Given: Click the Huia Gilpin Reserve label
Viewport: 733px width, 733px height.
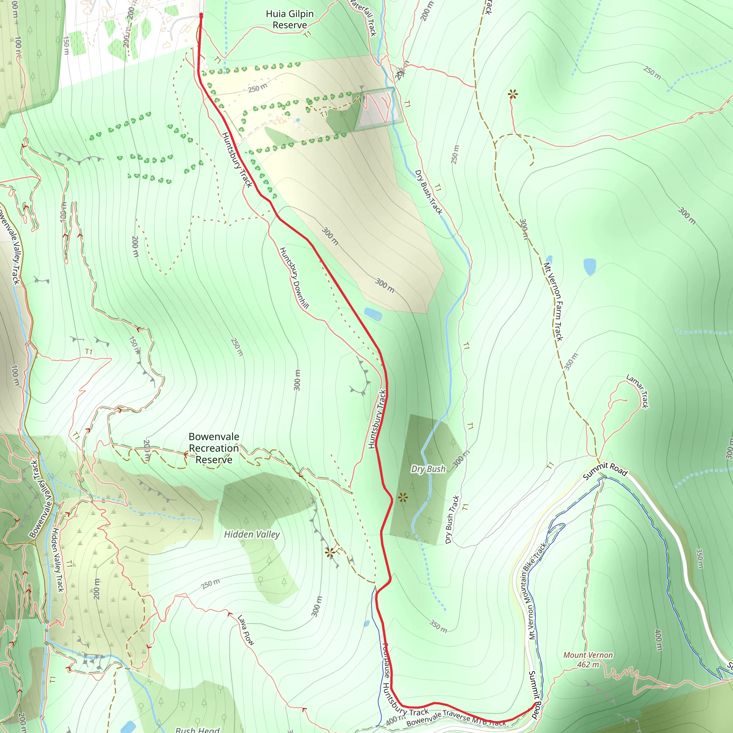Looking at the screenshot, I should point(290,19).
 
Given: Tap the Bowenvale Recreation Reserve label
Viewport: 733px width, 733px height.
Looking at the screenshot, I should point(214,448).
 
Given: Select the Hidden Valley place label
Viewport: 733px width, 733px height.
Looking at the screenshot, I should point(252,534).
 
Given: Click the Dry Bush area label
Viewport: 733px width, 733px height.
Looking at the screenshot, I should point(428,469).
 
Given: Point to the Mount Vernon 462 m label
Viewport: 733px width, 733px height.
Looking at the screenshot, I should point(588,660).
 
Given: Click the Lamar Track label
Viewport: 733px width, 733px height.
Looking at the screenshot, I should point(637,391).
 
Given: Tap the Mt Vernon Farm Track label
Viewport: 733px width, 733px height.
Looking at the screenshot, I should point(553,302).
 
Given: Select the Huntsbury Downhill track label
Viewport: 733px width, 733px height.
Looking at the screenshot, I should point(294,278).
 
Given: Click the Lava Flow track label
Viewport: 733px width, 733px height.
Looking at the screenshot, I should point(246,630).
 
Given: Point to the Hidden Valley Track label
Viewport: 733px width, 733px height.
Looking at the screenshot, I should point(58,560).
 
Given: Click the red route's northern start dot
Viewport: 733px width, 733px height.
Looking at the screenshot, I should point(201,15).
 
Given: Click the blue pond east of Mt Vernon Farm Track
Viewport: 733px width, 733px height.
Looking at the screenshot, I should point(589,266).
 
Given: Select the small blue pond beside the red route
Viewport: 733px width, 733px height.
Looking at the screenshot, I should point(373,314).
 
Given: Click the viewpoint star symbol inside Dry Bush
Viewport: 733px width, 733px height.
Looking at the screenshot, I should point(403,497).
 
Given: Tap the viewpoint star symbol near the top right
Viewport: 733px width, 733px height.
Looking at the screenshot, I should point(513,94).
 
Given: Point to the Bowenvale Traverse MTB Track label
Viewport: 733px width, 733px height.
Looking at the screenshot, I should point(455,718).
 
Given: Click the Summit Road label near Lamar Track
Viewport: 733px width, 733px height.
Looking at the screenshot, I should point(605,470).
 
